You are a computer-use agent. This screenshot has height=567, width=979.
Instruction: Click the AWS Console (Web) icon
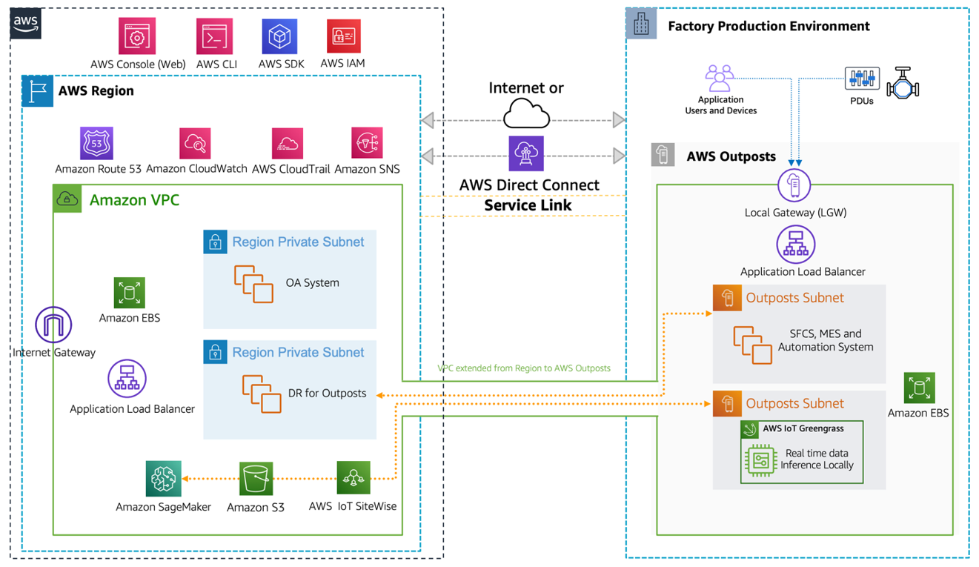coord(137,36)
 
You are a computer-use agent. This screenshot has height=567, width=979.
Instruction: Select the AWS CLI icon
coord(215,36)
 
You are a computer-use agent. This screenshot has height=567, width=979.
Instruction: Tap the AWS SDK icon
coord(279,36)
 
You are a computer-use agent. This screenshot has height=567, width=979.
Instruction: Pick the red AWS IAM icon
coord(343,36)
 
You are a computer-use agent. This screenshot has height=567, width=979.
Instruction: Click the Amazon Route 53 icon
coord(97,143)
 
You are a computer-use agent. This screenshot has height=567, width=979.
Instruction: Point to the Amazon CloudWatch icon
coord(196,143)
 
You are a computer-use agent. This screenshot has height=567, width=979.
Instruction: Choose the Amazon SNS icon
coord(367,143)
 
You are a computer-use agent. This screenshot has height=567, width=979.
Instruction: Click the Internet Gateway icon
coord(53,325)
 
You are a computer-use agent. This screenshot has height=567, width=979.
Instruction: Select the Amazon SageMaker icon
coord(163,479)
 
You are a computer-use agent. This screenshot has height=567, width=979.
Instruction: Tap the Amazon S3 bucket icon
coord(256,479)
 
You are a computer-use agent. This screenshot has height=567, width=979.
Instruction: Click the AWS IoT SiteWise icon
coord(353,478)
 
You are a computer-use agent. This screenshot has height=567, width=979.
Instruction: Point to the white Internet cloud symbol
coord(526,114)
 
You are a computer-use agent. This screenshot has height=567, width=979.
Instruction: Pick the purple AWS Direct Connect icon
coord(526,154)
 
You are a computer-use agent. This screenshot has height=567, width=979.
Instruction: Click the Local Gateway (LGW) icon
coord(794,185)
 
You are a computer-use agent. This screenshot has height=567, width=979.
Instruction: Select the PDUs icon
coord(862,79)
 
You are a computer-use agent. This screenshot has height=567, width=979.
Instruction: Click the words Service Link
coord(528,205)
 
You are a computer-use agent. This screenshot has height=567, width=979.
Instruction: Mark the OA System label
coord(312,282)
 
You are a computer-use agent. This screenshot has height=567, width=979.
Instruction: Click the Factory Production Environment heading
coord(769,26)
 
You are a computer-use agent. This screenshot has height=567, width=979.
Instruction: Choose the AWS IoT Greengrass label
coord(803,428)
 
